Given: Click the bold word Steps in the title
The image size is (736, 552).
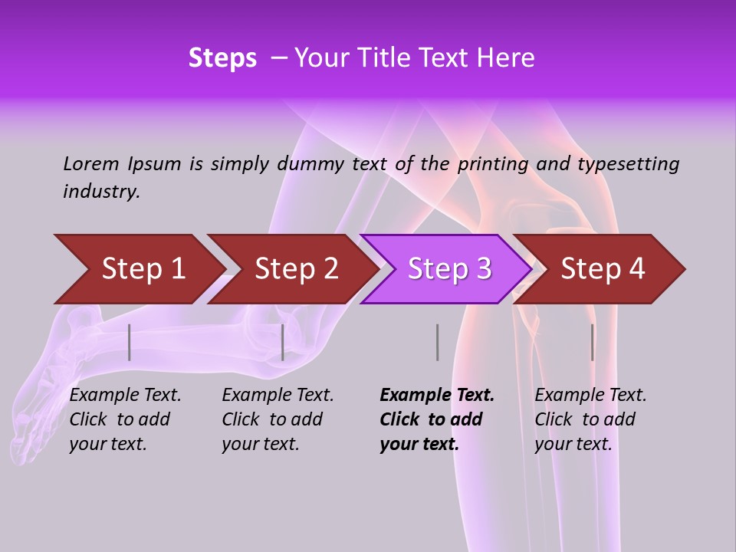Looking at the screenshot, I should tap(222, 58).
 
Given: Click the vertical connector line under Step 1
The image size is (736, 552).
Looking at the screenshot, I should tap(130, 342).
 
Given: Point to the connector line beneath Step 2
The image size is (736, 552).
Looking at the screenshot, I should tap(283, 342).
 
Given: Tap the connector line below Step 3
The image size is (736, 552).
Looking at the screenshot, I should tap(437, 342).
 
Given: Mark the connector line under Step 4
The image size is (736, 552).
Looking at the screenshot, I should tap(592, 342).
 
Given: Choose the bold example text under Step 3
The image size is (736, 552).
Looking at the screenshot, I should tap(436, 419).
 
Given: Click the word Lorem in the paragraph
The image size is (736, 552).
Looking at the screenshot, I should tap(91, 164).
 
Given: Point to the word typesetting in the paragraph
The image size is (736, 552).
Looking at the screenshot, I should tap(628, 164).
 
